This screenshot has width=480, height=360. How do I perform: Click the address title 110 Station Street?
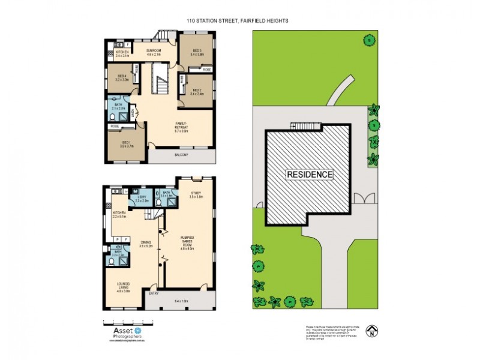click(x=237, y=20)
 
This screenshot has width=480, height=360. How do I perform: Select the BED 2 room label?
click(x=197, y=91)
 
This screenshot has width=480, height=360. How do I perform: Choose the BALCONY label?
click(x=181, y=155)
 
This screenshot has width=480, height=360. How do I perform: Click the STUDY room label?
click(x=196, y=194)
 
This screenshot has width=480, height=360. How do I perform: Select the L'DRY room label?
click(x=142, y=198)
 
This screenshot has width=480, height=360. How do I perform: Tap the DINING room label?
click(x=144, y=243)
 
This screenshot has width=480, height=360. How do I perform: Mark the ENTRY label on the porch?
click(x=153, y=293)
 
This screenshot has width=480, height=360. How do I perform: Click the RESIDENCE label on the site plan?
click(x=309, y=175)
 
